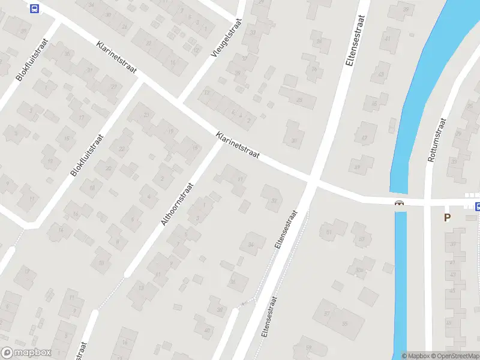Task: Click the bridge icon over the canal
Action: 399,204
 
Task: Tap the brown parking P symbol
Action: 447,218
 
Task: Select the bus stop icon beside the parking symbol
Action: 478,207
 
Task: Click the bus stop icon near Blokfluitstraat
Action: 34,8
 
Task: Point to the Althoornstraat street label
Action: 178,204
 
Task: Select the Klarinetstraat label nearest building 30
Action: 238,145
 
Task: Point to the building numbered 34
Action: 252,244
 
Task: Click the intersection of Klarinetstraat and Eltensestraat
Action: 312,180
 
